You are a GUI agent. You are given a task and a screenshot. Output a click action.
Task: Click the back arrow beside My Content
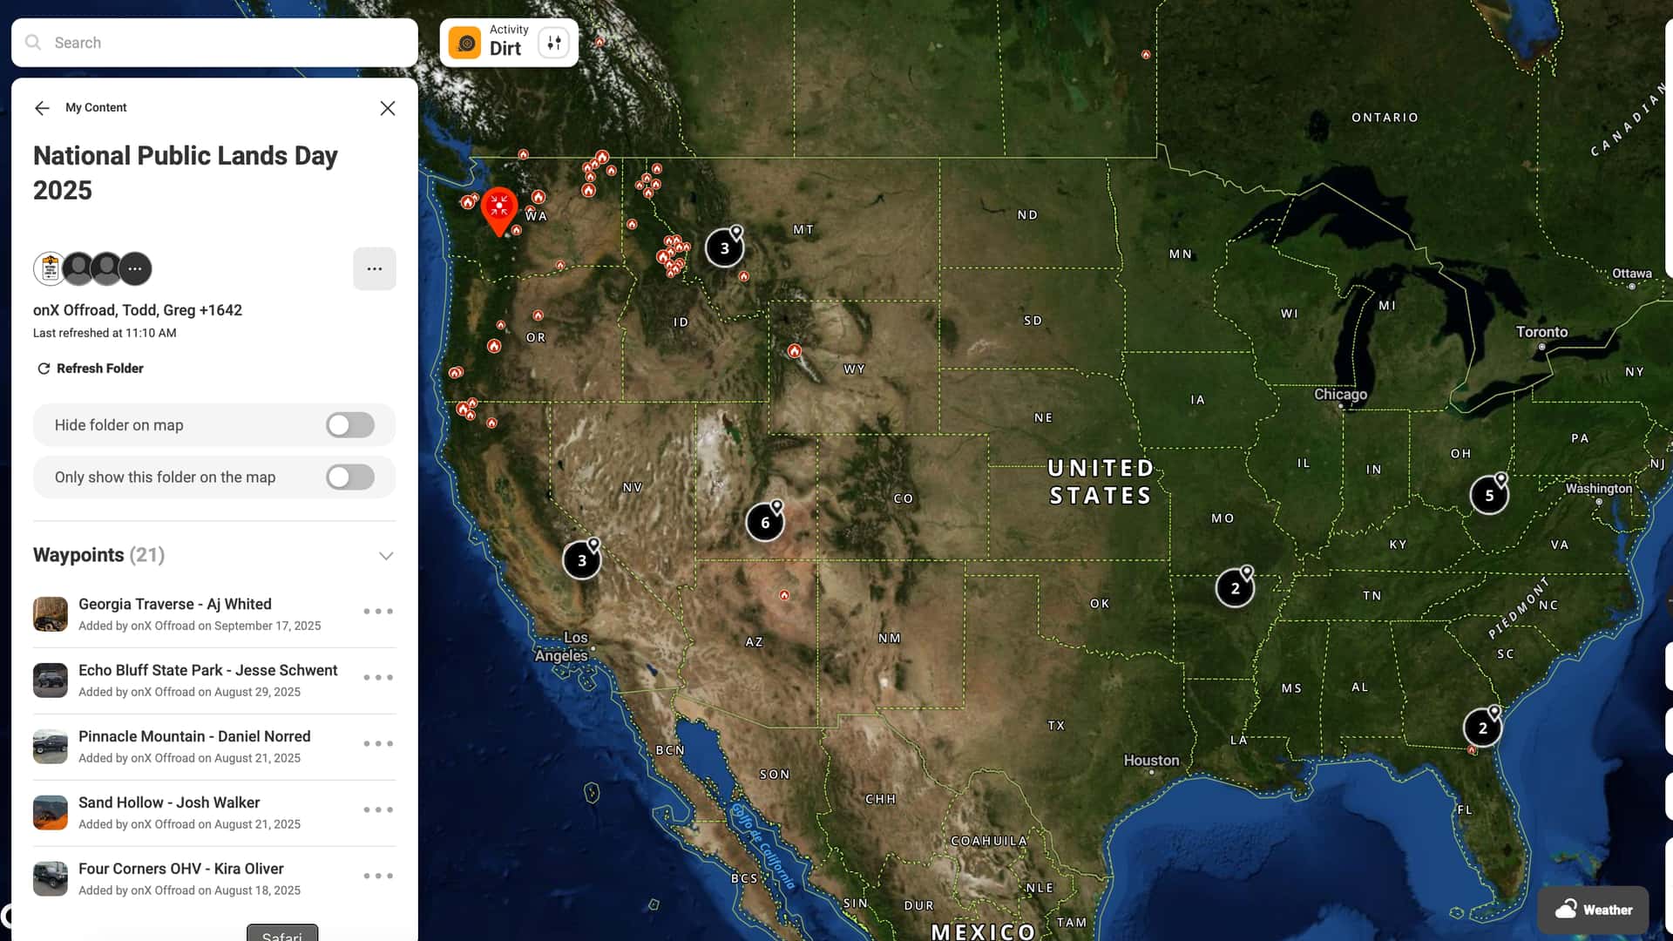pos(42,108)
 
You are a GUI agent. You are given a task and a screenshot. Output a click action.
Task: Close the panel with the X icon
pos(388,108)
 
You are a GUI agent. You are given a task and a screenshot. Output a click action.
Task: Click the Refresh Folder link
pos(91,369)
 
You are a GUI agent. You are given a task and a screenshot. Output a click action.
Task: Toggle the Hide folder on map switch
pos(350,425)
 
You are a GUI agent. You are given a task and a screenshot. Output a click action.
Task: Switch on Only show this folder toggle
pos(350,477)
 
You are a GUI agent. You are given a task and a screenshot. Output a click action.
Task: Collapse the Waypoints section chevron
pos(386,556)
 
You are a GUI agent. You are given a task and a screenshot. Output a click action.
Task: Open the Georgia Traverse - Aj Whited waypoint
pos(175,604)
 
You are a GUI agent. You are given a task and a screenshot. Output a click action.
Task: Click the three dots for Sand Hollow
pos(378,810)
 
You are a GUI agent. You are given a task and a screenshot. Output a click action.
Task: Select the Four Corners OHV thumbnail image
pos(51,878)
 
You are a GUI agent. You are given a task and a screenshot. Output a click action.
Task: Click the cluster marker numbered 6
pos(765,523)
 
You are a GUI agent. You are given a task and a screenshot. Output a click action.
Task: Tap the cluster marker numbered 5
pos(1489,496)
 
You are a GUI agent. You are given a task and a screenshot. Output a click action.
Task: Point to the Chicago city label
pos(1340,395)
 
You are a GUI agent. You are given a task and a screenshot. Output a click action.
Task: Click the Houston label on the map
pos(1151,761)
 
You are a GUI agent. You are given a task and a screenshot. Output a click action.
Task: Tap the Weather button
pos(1593,910)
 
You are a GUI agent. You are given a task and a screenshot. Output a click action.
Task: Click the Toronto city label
pos(1541,332)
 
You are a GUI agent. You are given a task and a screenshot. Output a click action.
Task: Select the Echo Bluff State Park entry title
pos(207,670)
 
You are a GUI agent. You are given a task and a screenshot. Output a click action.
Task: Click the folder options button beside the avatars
pos(375,269)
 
